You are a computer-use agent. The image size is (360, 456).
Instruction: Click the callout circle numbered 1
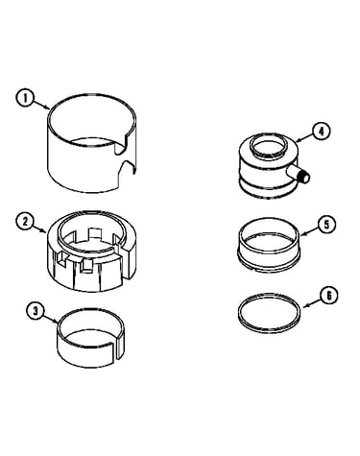(25, 98)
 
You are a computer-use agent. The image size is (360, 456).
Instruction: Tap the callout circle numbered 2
(25, 222)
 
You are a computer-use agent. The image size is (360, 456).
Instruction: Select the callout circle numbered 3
(36, 311)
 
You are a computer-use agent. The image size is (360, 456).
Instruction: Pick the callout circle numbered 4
(322, 132)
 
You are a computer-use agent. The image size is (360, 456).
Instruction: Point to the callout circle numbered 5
(326, 225)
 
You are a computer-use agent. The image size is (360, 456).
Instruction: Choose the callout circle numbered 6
(329, 296)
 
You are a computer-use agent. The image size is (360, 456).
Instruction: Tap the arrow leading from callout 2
(40, 228)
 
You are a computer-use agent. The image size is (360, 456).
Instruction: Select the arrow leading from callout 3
(51, 318)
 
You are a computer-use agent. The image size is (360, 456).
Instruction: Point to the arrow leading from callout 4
(305, 137)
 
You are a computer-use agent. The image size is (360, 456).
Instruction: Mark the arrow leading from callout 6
(312, 302)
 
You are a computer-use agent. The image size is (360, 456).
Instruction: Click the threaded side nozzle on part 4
(299, 175)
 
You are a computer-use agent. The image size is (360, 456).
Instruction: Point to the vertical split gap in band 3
(117, 350)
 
